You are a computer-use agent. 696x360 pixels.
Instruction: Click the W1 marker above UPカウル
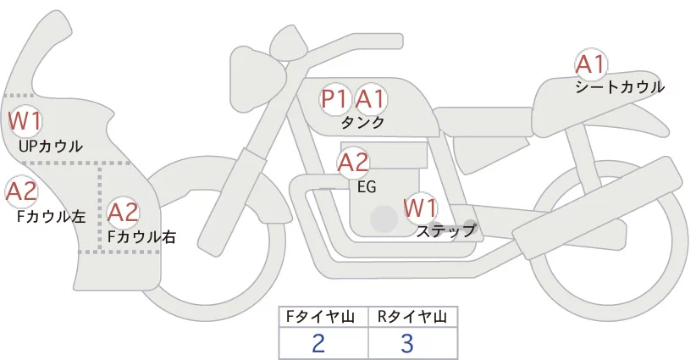point(25,121)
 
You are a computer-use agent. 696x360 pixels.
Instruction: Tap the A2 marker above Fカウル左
point(21,192)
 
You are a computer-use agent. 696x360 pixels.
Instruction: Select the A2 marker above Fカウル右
point(124,212)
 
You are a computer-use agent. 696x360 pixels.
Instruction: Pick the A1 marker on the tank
point(370,99)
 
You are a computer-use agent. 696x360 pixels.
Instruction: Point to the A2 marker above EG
point(353,163)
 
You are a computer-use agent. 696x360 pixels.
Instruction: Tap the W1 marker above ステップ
point(421,208)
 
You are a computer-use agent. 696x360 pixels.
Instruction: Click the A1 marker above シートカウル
point(591,65)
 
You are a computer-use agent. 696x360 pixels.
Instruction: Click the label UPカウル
point(51,146)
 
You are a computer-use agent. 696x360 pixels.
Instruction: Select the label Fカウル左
point(51,217)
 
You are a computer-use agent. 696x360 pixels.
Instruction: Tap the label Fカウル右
point(142,236)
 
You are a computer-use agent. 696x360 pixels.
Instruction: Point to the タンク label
point(363,123)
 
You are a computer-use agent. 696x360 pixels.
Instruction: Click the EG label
point(367,187)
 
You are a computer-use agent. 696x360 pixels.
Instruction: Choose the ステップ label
point(445,231)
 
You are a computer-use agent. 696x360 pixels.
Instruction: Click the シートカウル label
point(620,87)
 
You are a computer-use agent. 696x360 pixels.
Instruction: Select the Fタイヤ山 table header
point(320,317)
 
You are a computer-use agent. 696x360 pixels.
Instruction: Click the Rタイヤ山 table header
point(412,317)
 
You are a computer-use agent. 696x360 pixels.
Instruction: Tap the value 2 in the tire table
point(318,343)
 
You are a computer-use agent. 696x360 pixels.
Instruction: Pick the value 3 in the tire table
point(407,343)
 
